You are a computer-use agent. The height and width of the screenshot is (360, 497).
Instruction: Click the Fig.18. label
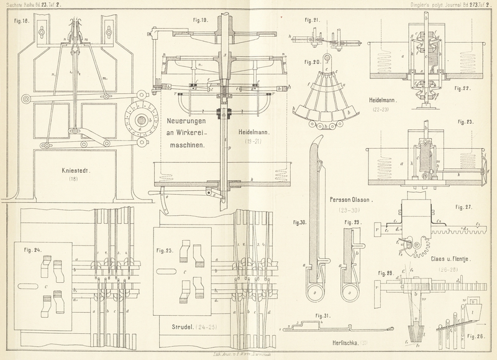pos(14,20)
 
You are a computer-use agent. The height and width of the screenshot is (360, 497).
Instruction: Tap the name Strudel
pos(179,325)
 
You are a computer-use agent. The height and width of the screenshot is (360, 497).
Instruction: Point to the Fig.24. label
pos(32,251)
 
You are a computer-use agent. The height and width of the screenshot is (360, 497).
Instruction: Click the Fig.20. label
pos(311,63)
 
